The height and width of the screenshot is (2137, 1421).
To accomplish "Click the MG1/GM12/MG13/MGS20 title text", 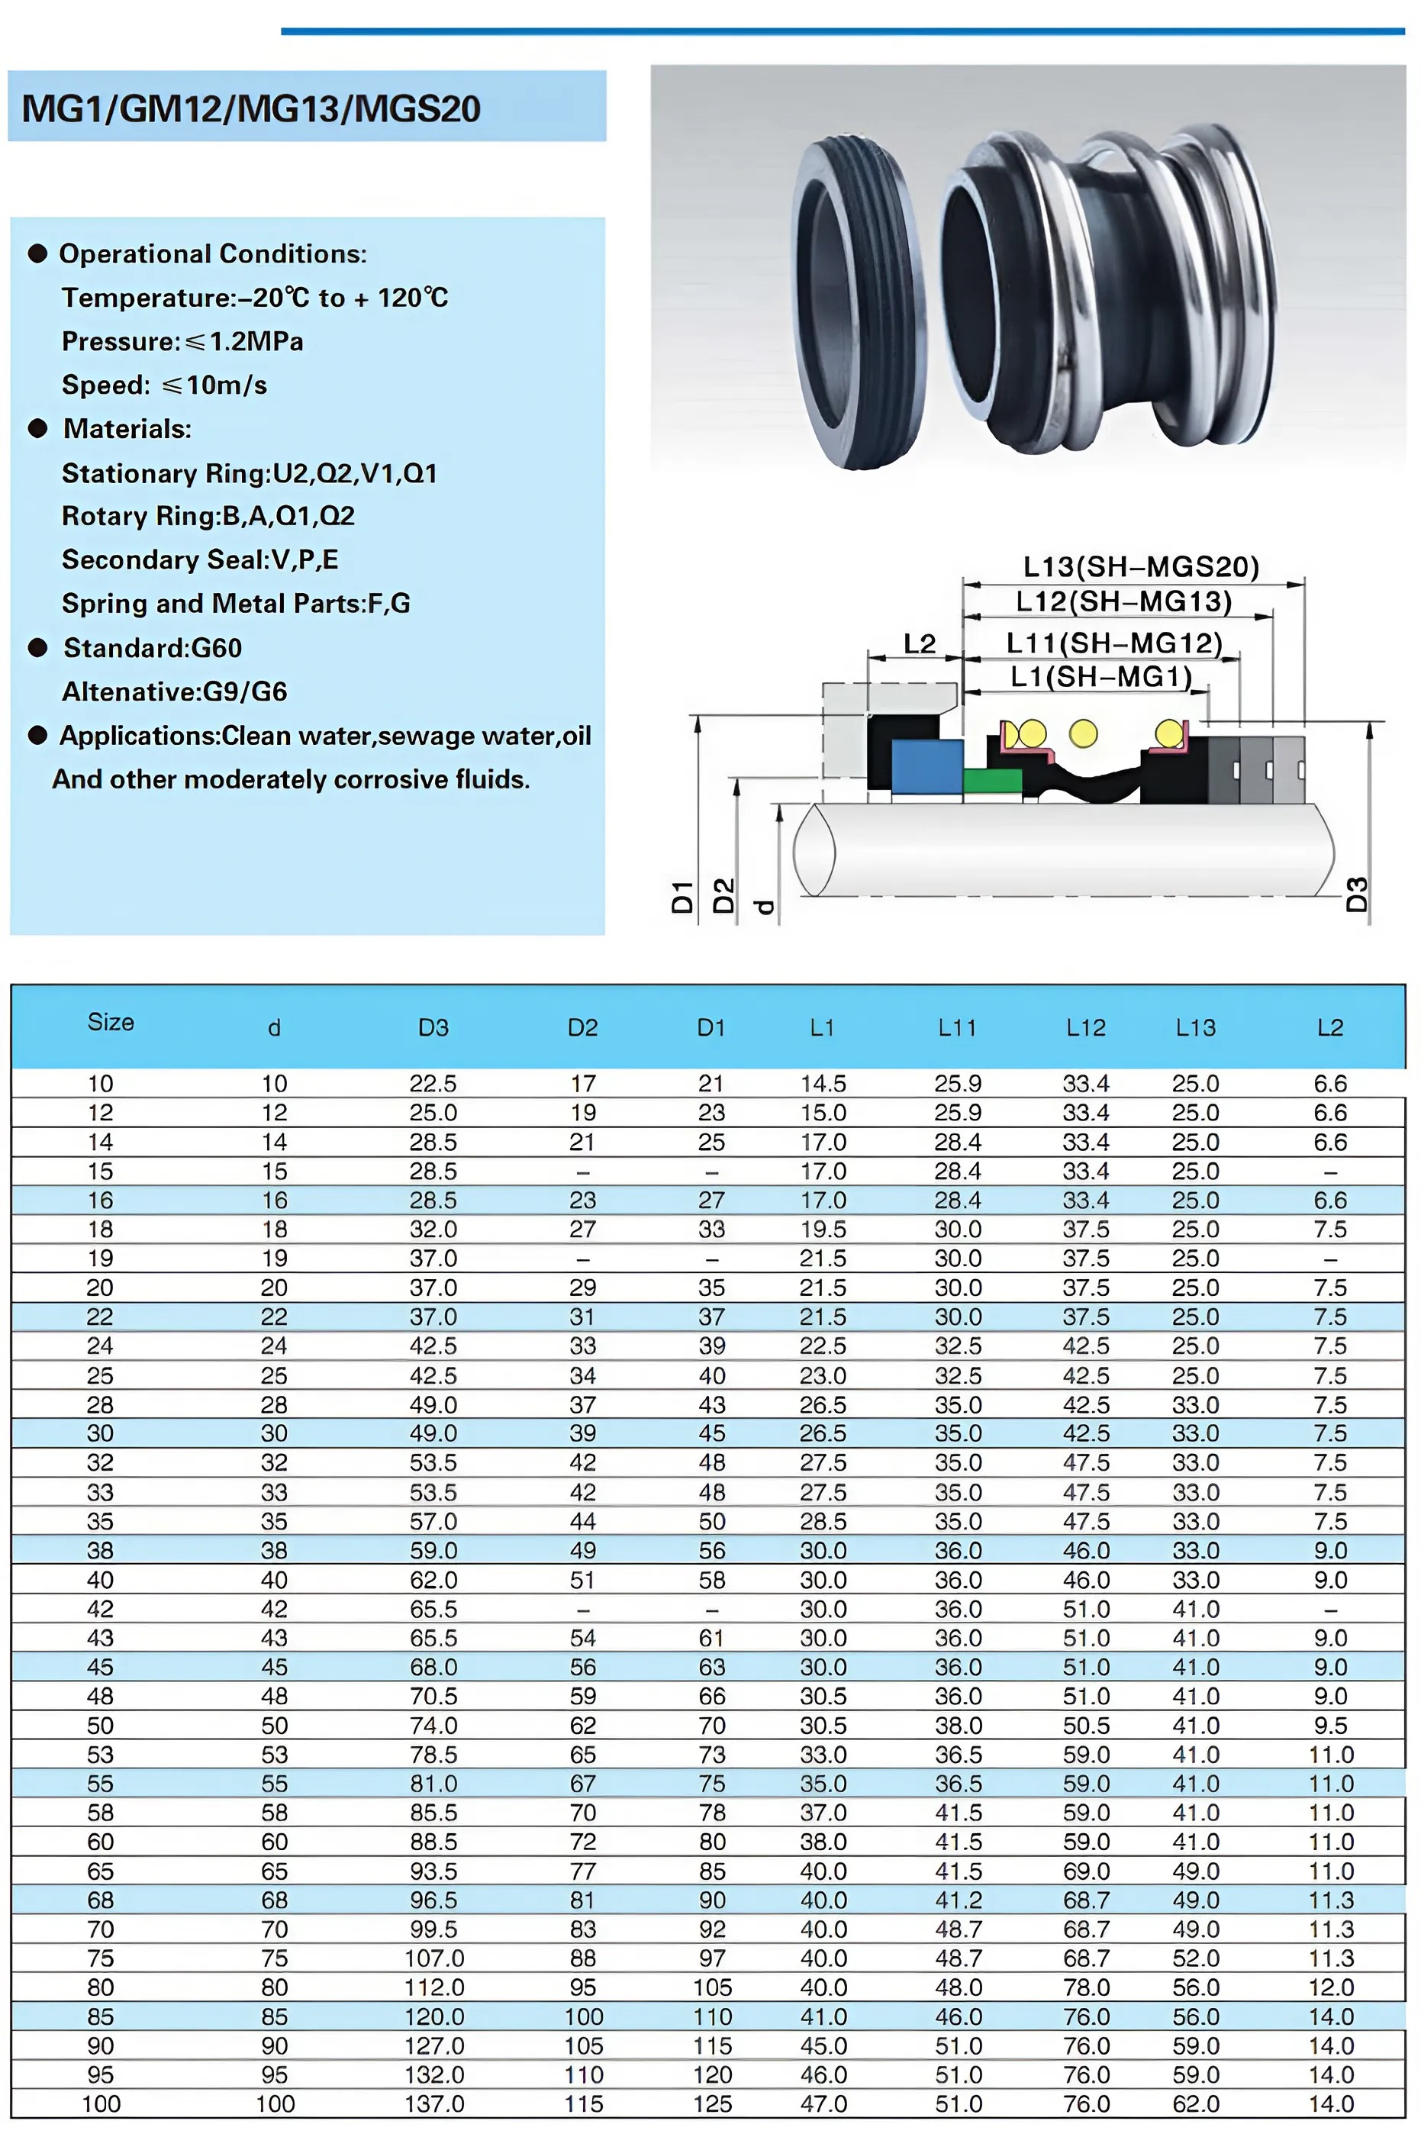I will click(x=251, y=108).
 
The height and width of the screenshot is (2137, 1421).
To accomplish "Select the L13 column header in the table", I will click(x=1195, y=1028).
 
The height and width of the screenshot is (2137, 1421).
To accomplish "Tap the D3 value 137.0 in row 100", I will click(x=434, y=2103).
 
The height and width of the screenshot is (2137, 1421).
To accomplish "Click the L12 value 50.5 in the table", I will click(x=1086, y=1726).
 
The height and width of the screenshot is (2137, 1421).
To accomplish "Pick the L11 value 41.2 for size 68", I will click(x=958, y=1900).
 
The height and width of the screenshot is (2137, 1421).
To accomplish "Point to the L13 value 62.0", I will click(x=1195, y=2103).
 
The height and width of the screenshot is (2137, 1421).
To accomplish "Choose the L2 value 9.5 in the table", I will click(x=1330, y=1726).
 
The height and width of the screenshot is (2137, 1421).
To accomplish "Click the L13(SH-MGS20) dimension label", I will click(x=1141, y=567).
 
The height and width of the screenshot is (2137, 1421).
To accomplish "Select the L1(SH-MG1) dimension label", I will click(x=1100, y=676).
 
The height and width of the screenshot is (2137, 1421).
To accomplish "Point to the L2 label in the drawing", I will click(x=919, y=643).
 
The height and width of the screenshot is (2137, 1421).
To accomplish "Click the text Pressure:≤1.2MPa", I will click(x=182, y=342).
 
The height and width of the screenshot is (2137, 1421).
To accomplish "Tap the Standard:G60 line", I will click(x=153, y=648).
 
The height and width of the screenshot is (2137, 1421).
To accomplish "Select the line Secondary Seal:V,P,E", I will click(x=199, y=559).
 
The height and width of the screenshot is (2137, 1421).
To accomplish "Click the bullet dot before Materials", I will click(x=38, y=429).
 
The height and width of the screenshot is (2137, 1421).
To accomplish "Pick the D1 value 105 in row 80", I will click(x=712, y=1987).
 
